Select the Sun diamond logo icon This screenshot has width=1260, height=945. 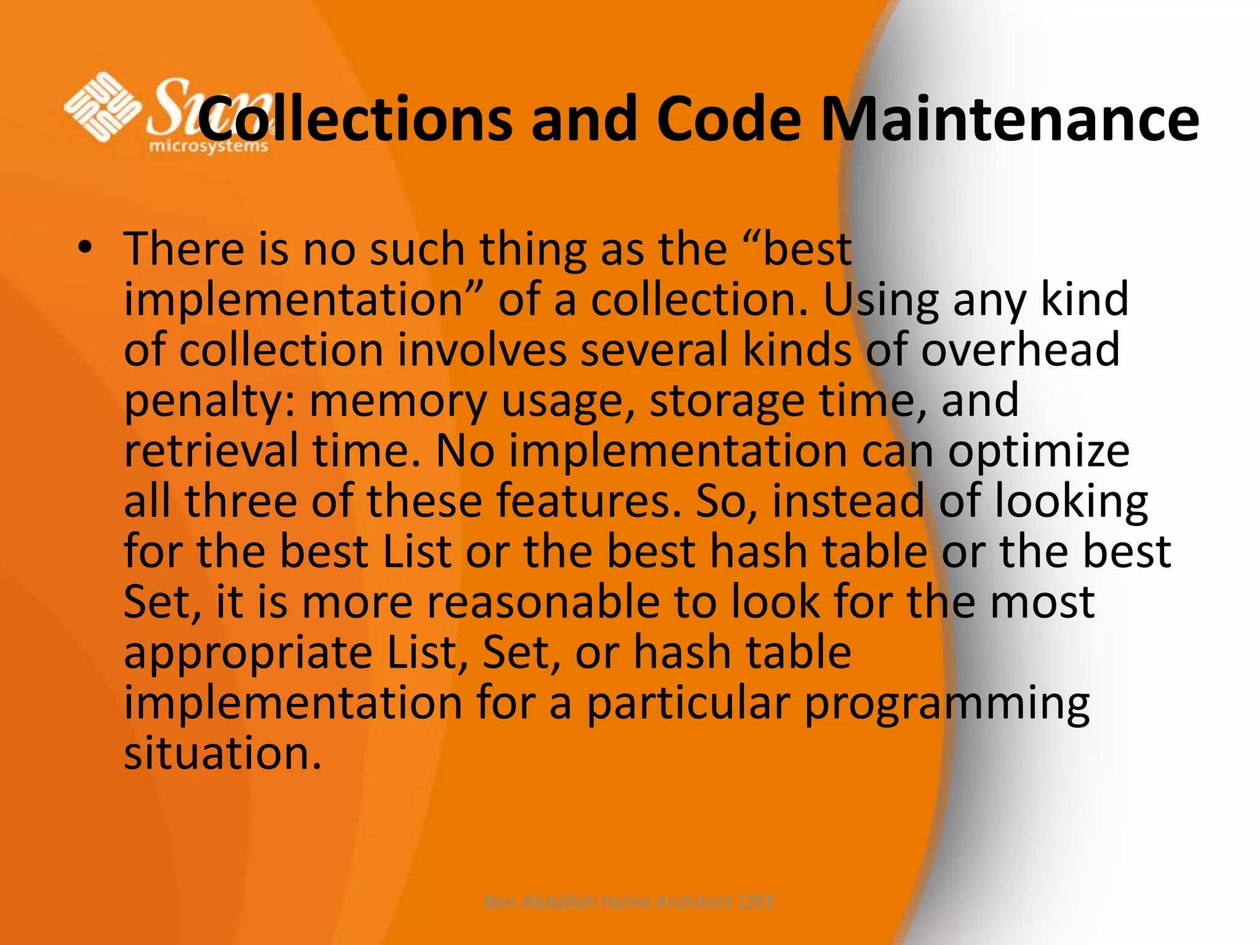[x=102, y=107]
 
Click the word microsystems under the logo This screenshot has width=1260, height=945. [x=209, y=146]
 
